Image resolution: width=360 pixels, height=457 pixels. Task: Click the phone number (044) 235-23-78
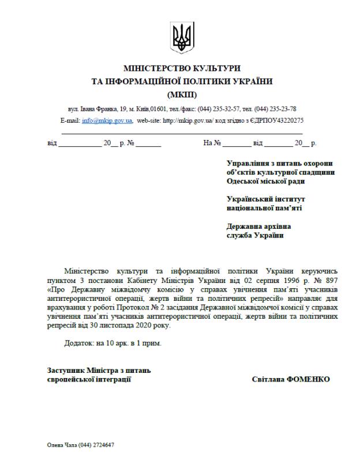click(276, 108)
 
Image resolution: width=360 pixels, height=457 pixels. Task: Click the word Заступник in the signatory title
click(65, 370)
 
